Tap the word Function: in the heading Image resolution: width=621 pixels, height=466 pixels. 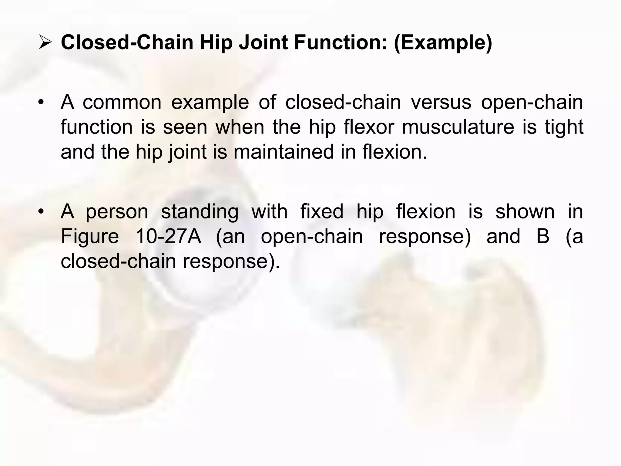pyautogui.click(x=341, y=42)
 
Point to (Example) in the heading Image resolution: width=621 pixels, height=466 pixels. pyautogui.click(x=443, y=43)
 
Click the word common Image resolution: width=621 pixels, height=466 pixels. pyautogui.click(x=122, y=102)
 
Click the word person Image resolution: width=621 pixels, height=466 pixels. pyautogui.click(x=117, y=211)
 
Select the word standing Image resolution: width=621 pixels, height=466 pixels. pyautogui.click(x=200, y=212)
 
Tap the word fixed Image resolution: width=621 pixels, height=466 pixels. pyautogui.click(x=322, y=211)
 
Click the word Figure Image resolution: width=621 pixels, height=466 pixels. pyautogui.click(x=90, y=237)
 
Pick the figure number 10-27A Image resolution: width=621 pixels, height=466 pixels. pyautogui.click(x=168, y=236)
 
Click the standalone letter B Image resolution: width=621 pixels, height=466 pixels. pyautogui.click(x=543, y=236)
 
